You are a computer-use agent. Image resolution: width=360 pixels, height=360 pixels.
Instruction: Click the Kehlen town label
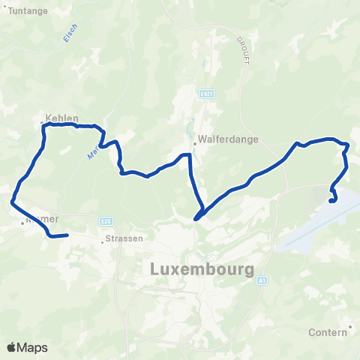pos(61,118)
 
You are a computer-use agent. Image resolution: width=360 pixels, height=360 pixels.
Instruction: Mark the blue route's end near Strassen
pos(67,235)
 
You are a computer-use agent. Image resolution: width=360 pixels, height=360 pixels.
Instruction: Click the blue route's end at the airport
pos(332,200)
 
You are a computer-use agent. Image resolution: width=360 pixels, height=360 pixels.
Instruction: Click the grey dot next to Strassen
pos(102,241)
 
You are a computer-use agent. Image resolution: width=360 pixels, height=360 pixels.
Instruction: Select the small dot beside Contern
pos(350,327)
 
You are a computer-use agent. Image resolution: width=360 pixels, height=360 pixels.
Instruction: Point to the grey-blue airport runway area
pos(315,229)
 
